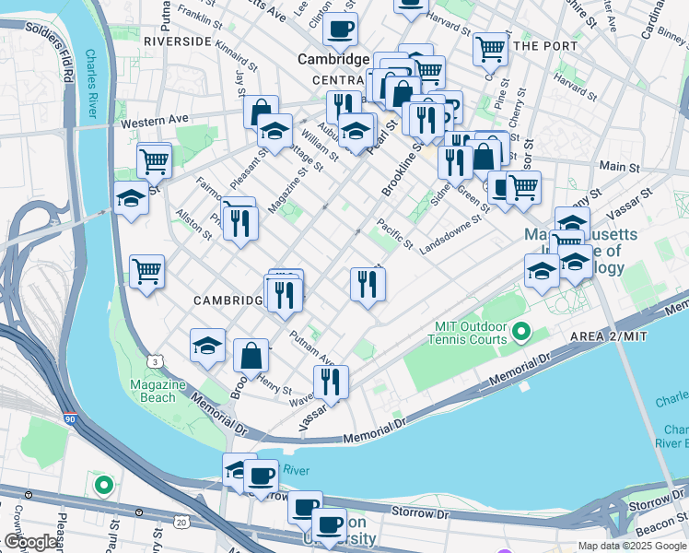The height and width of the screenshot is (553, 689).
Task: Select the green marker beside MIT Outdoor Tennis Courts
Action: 522,330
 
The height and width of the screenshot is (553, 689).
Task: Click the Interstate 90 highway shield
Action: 71,419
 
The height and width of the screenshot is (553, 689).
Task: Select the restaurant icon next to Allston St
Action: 239,222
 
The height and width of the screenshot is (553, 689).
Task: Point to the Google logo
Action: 30,542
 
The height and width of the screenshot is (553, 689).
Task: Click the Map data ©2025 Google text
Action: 632,546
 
